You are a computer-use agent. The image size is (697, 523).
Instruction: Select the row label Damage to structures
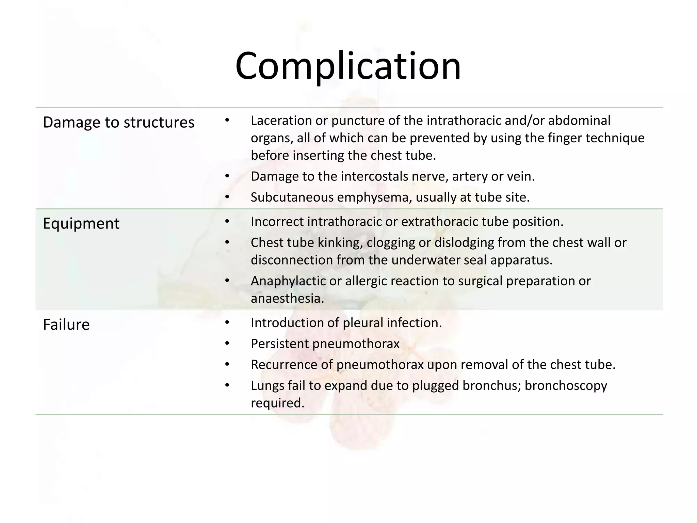pyautogui.click(x=118, y=122)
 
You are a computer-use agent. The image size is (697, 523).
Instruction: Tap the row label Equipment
pyautogui.click(x=81, y=223)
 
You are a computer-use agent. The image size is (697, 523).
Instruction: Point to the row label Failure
pyautogui.click(x=66, y=324)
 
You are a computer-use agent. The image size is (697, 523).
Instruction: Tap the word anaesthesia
pyautogui.click(x=287, y=299)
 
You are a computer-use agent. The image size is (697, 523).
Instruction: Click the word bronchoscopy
pyautogui.click(x=566, y=386)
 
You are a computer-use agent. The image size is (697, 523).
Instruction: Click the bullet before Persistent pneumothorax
pyautogui.click(x=227, y=344)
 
